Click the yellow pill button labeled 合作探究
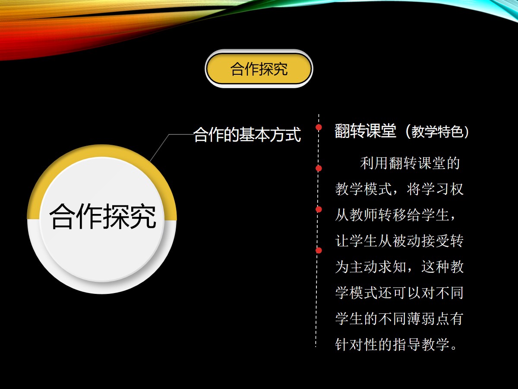(259, 69)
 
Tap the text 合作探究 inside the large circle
(103, 216)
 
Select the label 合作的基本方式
(247, 134)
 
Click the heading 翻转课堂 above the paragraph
(365, 131)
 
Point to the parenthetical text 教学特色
(437, 131)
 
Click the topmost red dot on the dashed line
(319, 128)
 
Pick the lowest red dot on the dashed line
(319, 250)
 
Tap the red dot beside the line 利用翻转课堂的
(319, 168)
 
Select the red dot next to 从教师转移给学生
(319, 209)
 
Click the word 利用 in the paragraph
(374, 163)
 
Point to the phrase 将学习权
(435, 189)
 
